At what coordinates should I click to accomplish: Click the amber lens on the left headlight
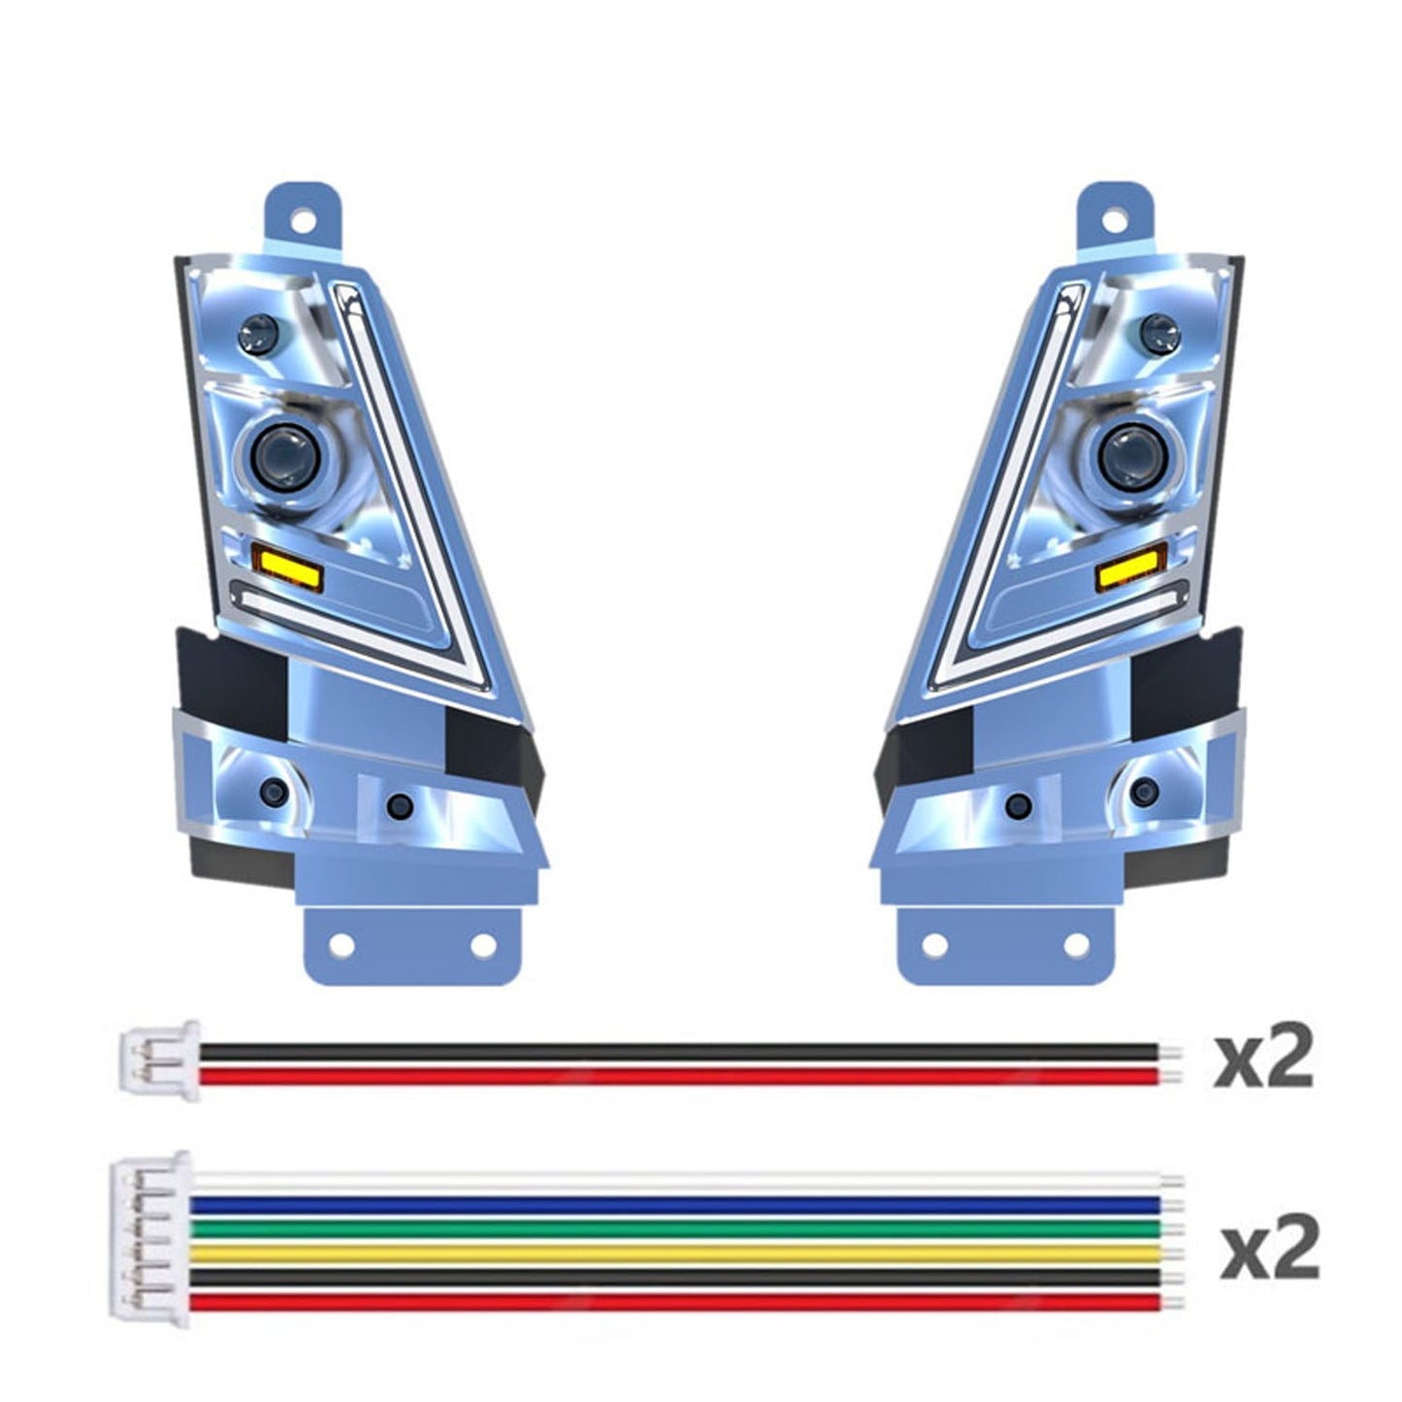tap(287, 566)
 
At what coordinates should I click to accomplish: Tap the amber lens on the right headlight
tap(1131, 573)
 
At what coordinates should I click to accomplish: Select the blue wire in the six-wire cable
tap(679, 1205)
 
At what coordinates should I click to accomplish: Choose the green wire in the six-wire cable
tap(679, 1229)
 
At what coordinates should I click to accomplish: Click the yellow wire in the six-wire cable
tap(679, 1254)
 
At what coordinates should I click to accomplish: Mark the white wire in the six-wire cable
tap(679, 1182)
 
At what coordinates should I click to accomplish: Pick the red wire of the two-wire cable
tap(679, 1075)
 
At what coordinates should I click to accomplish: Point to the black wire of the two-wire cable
tap(679, 1052)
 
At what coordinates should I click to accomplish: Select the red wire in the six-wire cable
tap(679, 1302)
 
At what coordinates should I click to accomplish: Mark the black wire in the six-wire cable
tap(679, 1278)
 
